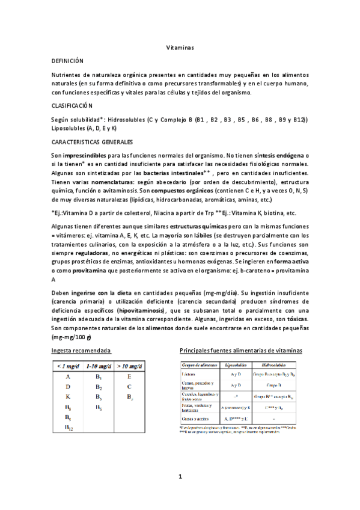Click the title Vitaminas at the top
pos(179,48)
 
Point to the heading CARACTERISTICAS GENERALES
pos(93,142)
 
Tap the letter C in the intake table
pos(129,387)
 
